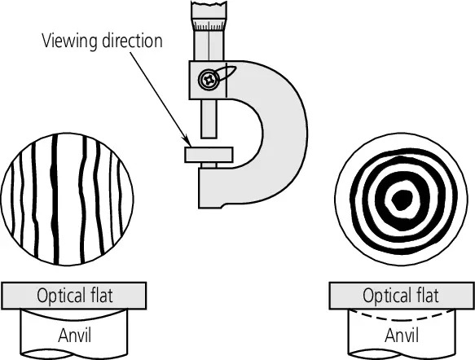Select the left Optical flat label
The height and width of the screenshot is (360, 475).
[75, 295]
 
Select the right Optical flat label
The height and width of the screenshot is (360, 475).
[400, 295]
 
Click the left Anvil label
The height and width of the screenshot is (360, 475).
[75, 334]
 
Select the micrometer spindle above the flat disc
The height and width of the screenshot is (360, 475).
[209, 122]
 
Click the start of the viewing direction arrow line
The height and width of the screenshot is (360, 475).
[123, 54]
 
